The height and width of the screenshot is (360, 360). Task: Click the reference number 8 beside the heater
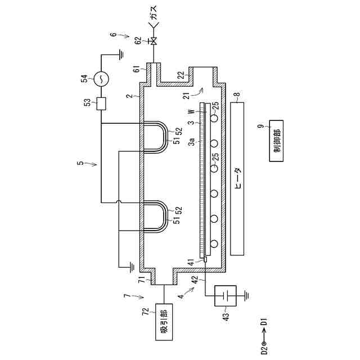pos(237,96)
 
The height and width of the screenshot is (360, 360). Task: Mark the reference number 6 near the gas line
pos(113,34)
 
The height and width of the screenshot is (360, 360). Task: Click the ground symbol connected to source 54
pos(120,55)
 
